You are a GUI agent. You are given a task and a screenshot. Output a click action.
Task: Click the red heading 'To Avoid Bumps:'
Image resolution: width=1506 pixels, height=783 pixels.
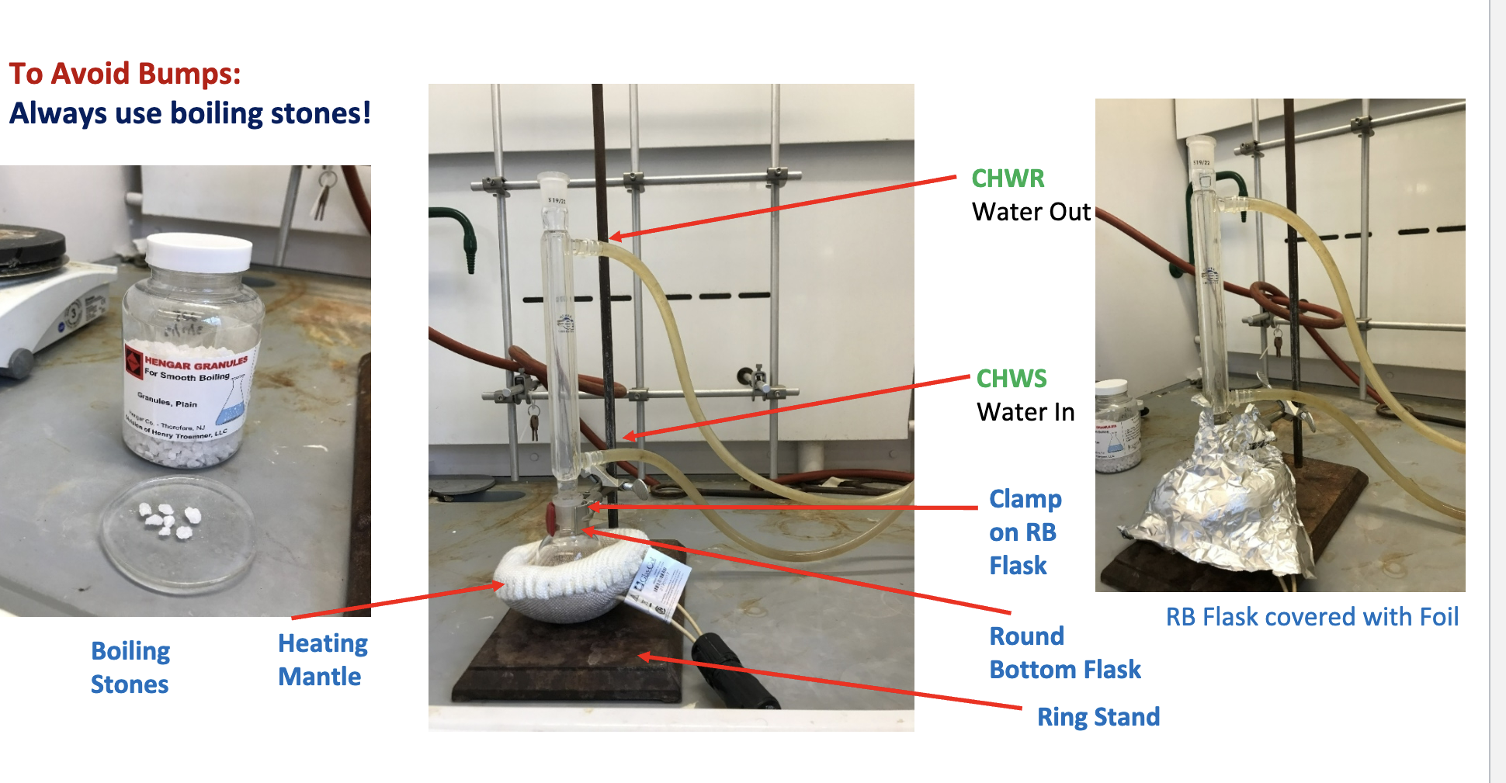125,74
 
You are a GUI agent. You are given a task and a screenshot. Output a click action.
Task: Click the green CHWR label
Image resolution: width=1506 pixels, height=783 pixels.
1008,178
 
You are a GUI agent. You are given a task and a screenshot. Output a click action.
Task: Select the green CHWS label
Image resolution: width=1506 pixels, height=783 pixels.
1011,379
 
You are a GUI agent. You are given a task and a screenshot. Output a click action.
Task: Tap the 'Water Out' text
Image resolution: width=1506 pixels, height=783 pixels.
1031,212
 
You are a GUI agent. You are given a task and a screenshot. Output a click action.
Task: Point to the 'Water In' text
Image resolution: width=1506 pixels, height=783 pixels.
1025,412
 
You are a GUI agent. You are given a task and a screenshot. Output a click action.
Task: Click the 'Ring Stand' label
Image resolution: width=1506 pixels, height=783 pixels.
1098,716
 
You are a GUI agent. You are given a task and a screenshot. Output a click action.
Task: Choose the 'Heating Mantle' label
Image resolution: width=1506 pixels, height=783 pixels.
321,660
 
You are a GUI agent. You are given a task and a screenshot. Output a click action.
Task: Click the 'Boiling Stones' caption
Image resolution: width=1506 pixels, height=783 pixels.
130,667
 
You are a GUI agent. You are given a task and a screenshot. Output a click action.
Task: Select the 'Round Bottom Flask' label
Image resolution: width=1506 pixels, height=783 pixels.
1064,653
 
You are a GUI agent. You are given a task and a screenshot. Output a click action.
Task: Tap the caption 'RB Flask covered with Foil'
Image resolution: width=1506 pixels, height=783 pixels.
1311,617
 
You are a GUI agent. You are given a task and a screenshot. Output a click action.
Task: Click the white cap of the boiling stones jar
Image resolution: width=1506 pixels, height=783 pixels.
200,251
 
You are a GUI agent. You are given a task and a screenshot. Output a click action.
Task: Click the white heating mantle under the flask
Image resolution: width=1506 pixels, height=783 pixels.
559,582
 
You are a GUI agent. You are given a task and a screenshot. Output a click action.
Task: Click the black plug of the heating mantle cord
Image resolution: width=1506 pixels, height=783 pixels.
734,671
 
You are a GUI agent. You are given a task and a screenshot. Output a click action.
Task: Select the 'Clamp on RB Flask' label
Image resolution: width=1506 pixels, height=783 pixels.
1024,532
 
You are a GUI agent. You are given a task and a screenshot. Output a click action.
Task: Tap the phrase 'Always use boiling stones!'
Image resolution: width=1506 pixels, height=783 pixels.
190,113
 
